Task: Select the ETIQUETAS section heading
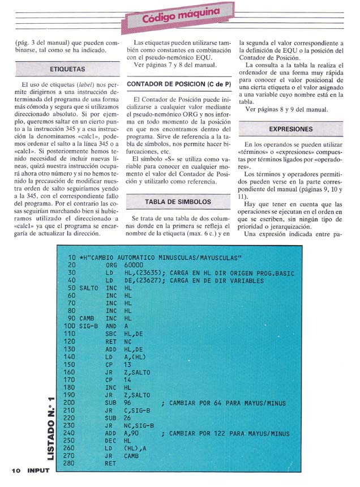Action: pos(67,69)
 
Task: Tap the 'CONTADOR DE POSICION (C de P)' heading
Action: pos(179,84)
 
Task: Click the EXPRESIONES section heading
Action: pos(291,129)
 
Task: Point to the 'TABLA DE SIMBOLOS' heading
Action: pos(178,202)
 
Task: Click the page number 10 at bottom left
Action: pos(15,470)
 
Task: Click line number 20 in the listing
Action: pos(72,264)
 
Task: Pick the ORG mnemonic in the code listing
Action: pos(111,264)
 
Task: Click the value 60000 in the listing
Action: pos(132,264)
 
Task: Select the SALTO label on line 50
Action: pos(89,288)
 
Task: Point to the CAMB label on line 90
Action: pos(87,318)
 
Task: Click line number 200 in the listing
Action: pos(70,403)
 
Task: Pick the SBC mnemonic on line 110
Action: pos(111,334)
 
